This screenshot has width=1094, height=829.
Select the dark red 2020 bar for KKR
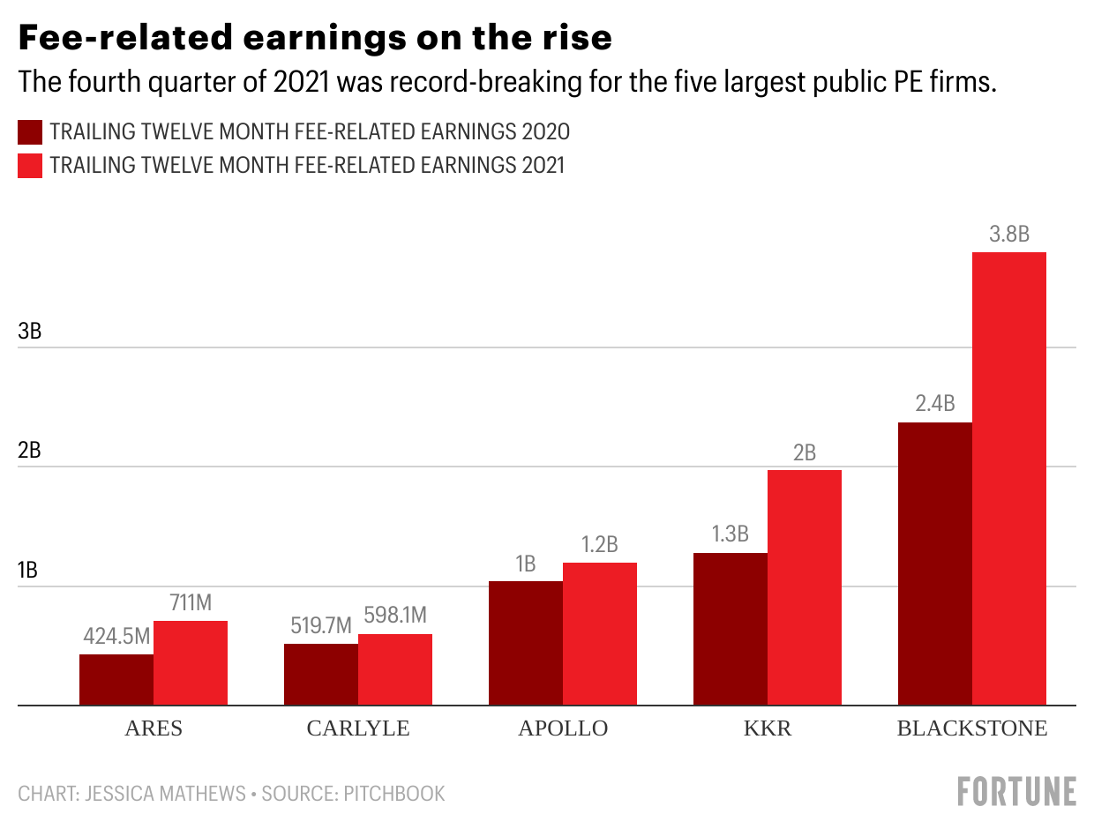[x=730, y=629]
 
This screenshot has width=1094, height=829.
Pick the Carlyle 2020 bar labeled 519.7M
[x=320, y=675]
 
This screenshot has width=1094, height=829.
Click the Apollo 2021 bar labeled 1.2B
[x=599, y=634]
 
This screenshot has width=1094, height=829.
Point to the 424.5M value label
[x=116, y=636]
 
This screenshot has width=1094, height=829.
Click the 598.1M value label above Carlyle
[x=394, y=616]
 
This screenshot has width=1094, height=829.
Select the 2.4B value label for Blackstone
[x=934, y=404]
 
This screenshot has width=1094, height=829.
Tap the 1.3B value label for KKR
[x=730, y=534]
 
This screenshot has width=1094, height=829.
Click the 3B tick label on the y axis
[x=29, y=332]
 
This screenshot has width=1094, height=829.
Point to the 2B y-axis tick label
[x=29, y=451]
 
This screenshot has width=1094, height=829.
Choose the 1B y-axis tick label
[x=29, y=570]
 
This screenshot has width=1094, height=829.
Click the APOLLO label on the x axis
[x=563, y=728]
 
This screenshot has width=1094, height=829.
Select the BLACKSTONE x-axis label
[x=971, y=728]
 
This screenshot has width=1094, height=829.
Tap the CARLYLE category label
[x=358, y=728]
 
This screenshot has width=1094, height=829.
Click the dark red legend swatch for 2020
[x=30, y=132]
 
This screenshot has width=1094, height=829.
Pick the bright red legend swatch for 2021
[x=30, y=165]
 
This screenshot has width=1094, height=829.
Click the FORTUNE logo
[x=1016, y=791]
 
